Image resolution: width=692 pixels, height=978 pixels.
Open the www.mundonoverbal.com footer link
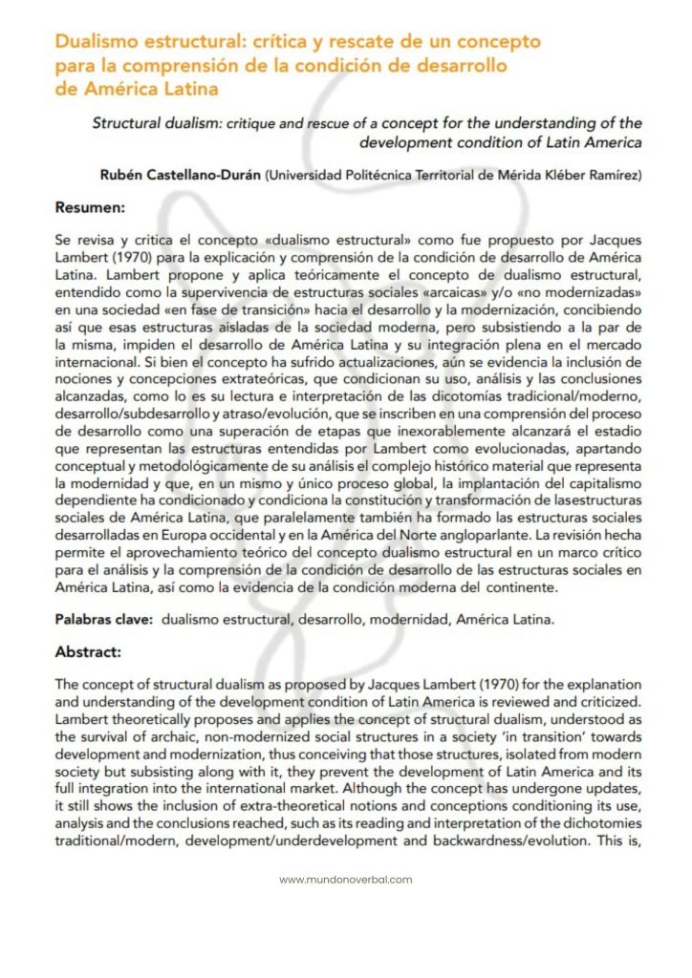tap(346, 880)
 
